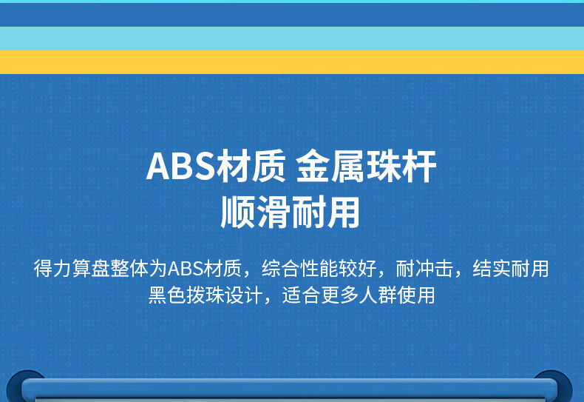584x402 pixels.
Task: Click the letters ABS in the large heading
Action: click(180, 167)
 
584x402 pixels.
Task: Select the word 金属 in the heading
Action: click(330, 167)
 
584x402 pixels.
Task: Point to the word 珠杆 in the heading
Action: click(401, 167)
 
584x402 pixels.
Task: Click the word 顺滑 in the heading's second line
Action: click(255, 212)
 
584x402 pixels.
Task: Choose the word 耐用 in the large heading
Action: click(325, 212)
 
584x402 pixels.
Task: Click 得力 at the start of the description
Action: click(52, 269)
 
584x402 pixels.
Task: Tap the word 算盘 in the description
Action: click(91, 269)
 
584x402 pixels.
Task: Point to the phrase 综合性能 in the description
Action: click(300, 269)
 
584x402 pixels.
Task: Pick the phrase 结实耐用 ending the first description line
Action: click(511, 269)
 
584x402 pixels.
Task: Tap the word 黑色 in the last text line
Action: click(167, 295)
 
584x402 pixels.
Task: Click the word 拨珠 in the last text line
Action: click(206, 295)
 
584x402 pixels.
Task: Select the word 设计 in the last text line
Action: click(244, 295)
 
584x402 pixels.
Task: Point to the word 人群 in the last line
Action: click(378, 295)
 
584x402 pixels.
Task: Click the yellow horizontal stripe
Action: click(292, 62)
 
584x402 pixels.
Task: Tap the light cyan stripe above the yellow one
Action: click(292, 38)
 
